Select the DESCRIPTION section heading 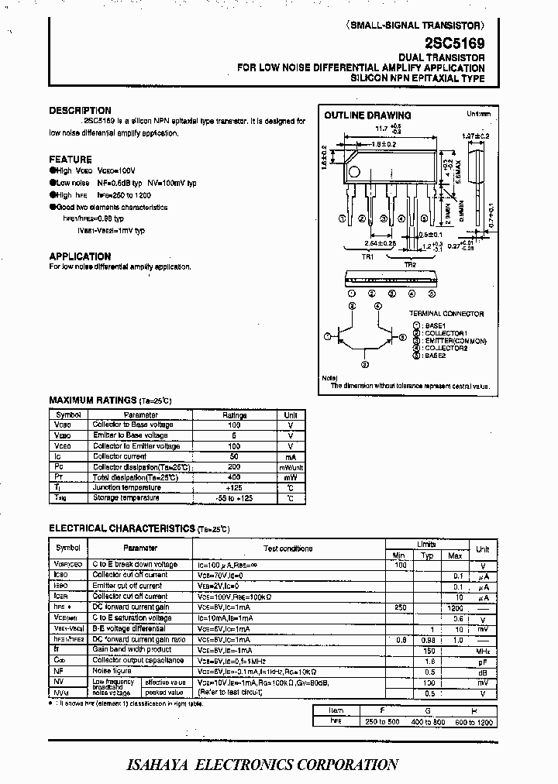coord(80,111)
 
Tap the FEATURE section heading coord(70,160)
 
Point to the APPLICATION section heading coord(80,256)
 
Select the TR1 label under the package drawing coord(367,256)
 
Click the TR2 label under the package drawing coord(408,265)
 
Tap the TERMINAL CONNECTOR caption coord(447,314)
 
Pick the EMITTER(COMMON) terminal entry coord(455,341)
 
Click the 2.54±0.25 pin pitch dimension coord(380,243)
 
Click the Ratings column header coord(234,415)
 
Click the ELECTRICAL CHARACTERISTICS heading coord(122,528)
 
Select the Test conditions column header coord(288,548)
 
